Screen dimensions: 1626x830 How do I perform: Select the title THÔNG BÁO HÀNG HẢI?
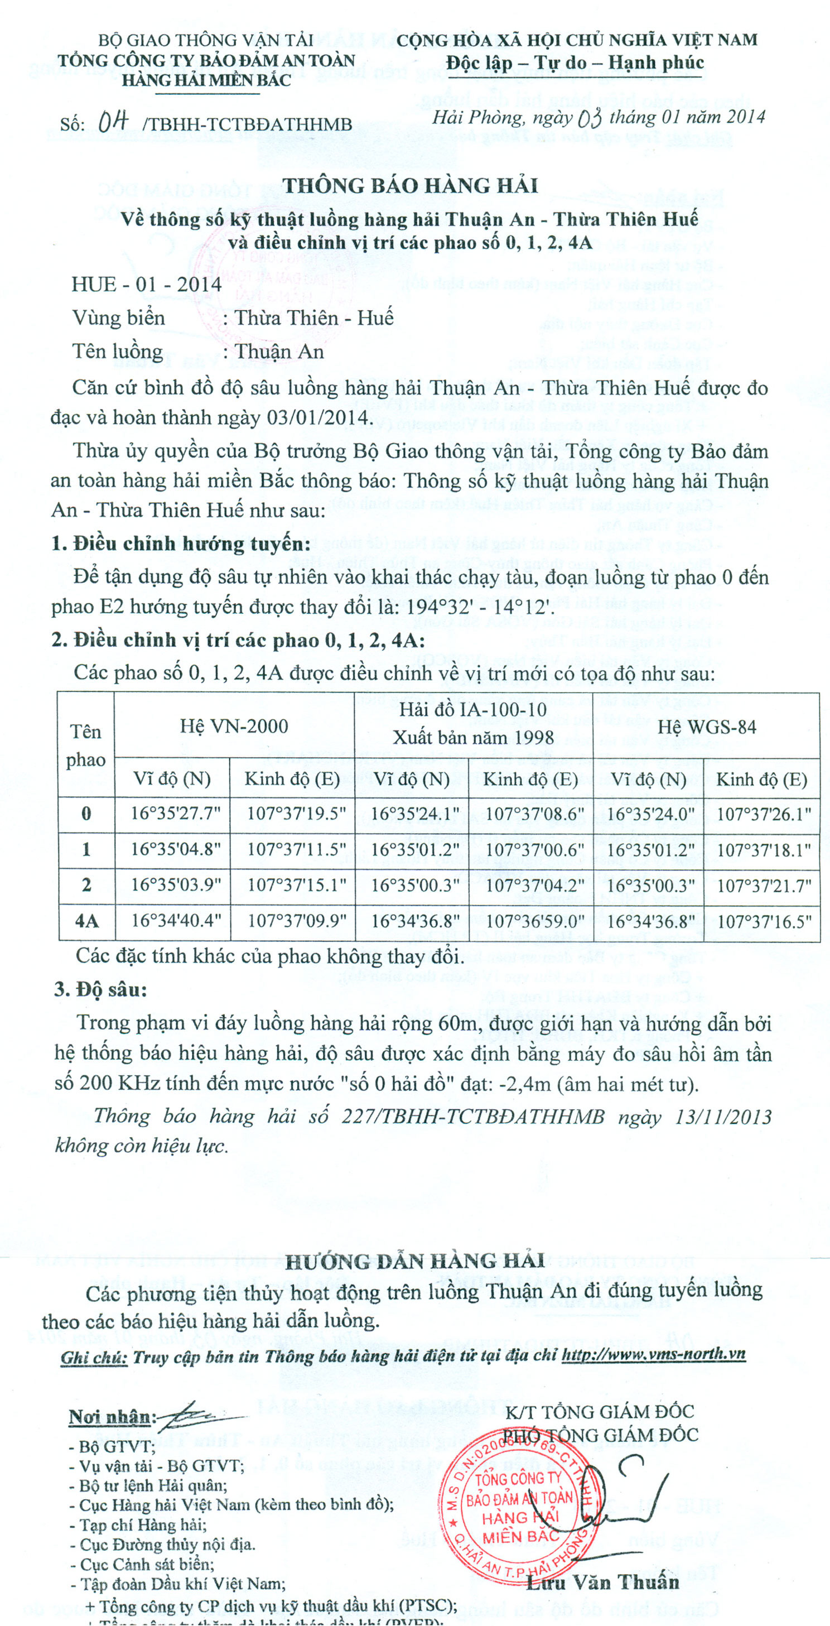tap(411, 186)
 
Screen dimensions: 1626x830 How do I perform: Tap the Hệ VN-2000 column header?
tap(234, 726)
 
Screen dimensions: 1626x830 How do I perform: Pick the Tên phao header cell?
tap(86, 745)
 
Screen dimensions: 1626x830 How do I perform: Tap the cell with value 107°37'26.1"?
tap(764, 814)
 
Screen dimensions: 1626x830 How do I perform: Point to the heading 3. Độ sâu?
tap(100, 989)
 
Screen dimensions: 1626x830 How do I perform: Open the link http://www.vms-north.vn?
tap(653, 1354)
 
